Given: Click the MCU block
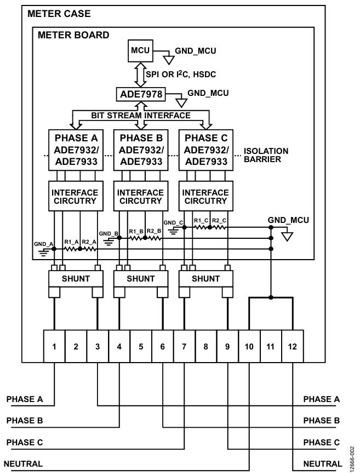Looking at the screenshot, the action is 140,50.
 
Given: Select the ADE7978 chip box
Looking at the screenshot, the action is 141,94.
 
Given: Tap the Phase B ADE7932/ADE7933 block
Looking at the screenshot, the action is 141,150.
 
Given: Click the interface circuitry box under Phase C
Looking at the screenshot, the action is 205,196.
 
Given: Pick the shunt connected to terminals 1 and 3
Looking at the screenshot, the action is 76,279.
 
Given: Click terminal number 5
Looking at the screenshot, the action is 141,346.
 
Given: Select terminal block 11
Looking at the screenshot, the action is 271,346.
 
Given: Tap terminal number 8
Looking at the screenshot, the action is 205,346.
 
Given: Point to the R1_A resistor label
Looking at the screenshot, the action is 71,242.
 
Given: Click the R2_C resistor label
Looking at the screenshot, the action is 219,220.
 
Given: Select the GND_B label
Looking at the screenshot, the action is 108,234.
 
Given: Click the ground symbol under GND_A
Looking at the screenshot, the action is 44,253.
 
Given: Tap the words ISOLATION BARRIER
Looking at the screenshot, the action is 266,155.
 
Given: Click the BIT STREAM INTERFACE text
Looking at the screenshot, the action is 141,116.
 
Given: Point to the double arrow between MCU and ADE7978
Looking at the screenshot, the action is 140,74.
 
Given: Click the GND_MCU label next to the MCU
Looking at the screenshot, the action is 195,51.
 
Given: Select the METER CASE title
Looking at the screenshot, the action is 59,14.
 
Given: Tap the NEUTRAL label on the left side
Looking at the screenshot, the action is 23,464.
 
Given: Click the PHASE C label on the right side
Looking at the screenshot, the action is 322,442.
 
